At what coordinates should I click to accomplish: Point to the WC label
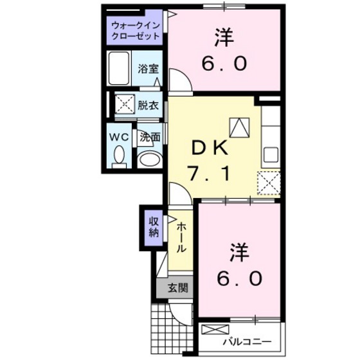(118, 136)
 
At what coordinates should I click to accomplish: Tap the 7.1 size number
(208, 172)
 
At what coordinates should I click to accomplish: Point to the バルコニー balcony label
(248, 341)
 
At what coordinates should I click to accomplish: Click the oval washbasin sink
(149, 159)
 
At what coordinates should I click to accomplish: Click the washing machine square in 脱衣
(125, 104)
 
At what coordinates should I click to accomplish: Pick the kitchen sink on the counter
(270, 154)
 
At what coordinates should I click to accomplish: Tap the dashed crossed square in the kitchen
(269, 183)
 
